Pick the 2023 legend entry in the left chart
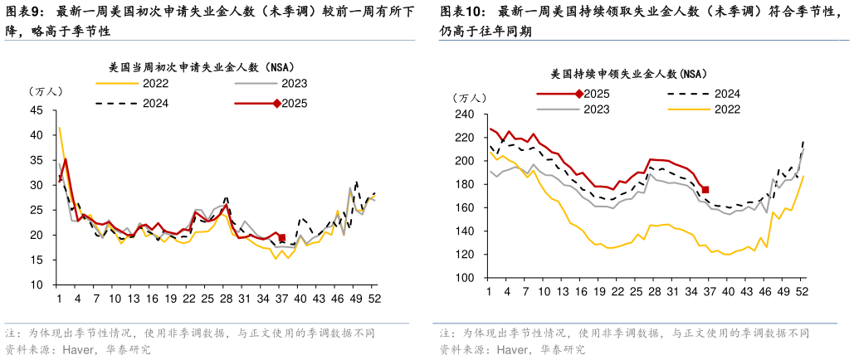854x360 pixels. pyautogui.click(x=293, y=83)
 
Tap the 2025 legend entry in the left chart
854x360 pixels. pyautogui.click(x=293, y=103)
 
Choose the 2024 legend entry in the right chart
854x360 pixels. pyautogui.click(x=727, y=94)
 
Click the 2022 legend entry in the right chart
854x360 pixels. pyautogui.click(x=727, y=109)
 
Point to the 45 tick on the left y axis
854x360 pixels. pyautogui.click(x=36, y=109)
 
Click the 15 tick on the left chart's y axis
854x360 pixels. pyautogui.click(x=36, y=260)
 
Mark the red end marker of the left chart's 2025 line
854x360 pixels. pyautogui.click(x=282, y=238)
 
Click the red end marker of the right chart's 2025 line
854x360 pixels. pyautogui.click(x=705, y=190)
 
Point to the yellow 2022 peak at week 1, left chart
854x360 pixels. pyautogui.click(x=60, y=128)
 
